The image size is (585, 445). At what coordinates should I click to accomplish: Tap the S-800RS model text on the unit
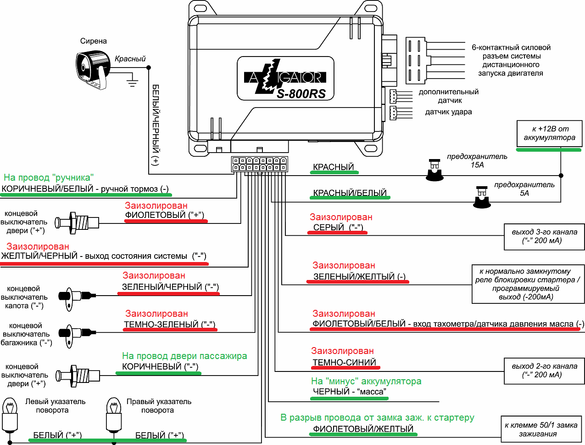tap(301, 94)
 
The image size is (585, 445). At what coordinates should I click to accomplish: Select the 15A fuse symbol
tap(434, 170)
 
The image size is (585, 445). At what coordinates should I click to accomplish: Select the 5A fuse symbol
tap(481, 197)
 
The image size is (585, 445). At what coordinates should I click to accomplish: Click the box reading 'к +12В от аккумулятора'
tap(549, 133)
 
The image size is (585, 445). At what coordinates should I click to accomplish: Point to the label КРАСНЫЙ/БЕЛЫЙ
tap(350, 193)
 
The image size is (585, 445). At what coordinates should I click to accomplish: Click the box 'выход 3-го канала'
tap(544, 236)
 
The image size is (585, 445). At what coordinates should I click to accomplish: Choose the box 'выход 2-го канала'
tap(544, 371)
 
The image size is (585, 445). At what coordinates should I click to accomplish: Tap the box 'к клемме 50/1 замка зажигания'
tap(540, 429)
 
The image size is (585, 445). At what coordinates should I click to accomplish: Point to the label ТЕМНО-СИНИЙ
tap(344, 362)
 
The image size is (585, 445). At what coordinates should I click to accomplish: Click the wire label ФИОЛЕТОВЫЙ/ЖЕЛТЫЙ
tap(363, 429)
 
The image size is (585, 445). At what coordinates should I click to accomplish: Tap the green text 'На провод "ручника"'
tap(49, 177)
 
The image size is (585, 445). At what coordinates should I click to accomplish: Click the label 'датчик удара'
tap(448, 112)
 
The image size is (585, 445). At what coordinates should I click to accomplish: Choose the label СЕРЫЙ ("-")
tap(338, 227)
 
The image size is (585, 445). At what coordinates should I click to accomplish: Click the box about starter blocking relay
tap(528, 284)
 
